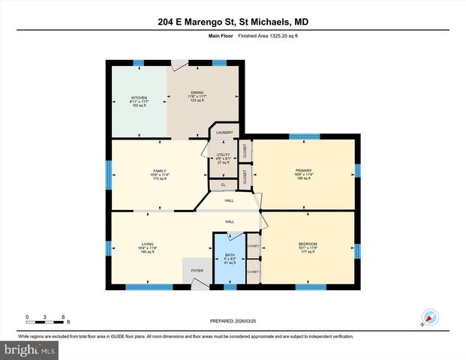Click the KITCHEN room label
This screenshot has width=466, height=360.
[x=140, y=97]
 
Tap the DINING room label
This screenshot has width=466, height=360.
[x=197, y=93]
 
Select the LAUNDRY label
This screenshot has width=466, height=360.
[x=224, y=133]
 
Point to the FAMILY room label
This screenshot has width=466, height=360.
[x=159, y=171]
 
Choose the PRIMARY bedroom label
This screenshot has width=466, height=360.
[x=303, y=171]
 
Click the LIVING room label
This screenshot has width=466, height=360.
[x=147, y=244]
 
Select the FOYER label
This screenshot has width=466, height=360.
[x=197, y=271]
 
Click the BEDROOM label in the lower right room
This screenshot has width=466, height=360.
[x=308, y=244]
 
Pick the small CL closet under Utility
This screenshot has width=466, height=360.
[x=223, y=184]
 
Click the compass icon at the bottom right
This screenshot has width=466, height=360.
[x=430, y=317]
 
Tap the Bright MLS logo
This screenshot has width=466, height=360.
[x=29, y=349]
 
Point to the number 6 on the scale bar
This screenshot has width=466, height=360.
[x=64, y=317]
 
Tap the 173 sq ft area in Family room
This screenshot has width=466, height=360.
[x=159, y=180]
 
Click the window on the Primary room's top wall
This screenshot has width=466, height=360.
[x=304, y=136]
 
